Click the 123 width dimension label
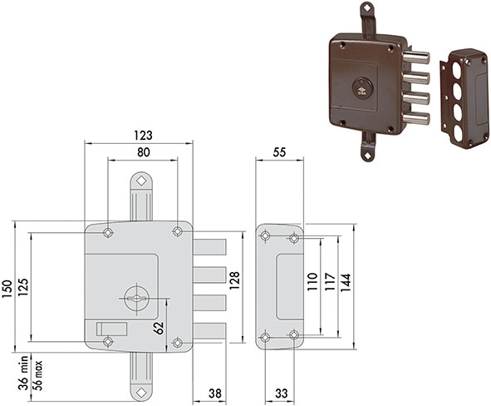[143, 135]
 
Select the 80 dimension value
[144, 152]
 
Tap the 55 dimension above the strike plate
[279, 152]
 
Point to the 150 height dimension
[7, 289]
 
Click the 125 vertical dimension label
[23, 287]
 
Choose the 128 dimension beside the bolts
[234, 280]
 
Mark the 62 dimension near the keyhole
[159, 328]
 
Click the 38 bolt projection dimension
[215, 394]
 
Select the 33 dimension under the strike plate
[281, 394]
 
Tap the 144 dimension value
[346, 283]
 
